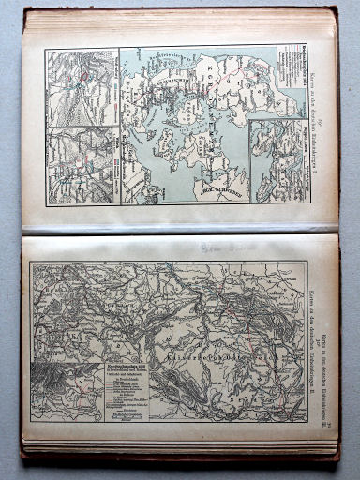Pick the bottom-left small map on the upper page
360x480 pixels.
pos(82,164)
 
